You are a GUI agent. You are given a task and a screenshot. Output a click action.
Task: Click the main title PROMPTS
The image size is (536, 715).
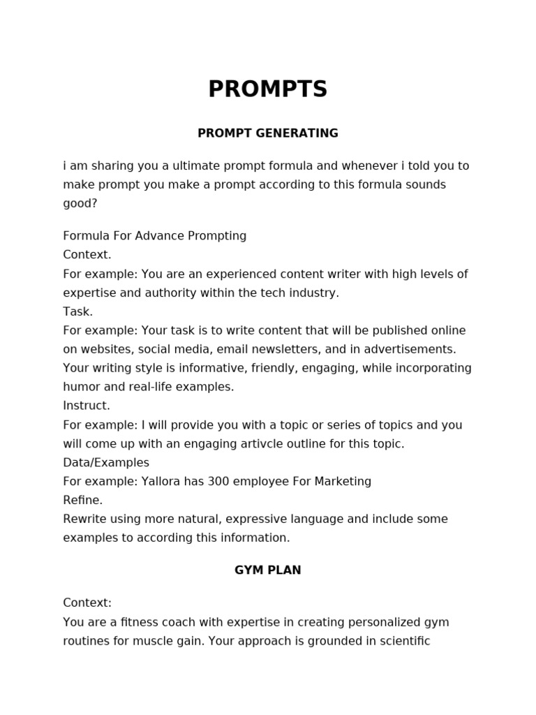tap(268, 89)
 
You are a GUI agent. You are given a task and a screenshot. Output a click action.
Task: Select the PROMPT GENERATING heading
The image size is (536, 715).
tap(268, 133)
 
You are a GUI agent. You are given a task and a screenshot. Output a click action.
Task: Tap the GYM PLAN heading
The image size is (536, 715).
tap(268, 570)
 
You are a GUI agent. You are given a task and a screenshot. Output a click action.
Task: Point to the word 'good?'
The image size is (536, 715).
tap(80, 204)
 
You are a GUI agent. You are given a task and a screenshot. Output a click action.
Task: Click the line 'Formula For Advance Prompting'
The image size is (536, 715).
tap(154, 236)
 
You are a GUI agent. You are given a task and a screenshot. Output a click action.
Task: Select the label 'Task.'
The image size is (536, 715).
tap(77, 311)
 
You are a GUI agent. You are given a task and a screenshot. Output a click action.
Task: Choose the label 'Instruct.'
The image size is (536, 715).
tap(87, 406)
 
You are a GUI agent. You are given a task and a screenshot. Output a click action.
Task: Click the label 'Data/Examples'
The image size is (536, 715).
tap(106, 462)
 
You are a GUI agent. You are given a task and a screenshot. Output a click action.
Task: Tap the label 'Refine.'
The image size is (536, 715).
tap(82, 500)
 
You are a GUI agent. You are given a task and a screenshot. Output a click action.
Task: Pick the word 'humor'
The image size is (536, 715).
tap(80, 387)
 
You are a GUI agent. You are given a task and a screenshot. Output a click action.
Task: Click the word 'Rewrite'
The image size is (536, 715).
tap(85, 519)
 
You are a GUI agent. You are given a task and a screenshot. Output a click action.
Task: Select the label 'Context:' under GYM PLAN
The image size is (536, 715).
tap(87, 603)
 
